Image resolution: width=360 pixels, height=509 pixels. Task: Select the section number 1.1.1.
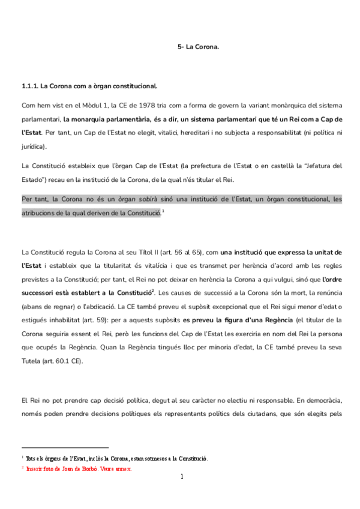pyautogui.click(x=30, y=86)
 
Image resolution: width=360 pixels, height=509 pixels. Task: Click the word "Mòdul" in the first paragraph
pyautogui.click(x=84, y=104)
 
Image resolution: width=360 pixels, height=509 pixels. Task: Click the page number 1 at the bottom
pyautogui.click(x=181, y=477)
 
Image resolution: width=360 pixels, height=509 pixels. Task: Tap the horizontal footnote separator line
pyautogui.click(x=65, y=447)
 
